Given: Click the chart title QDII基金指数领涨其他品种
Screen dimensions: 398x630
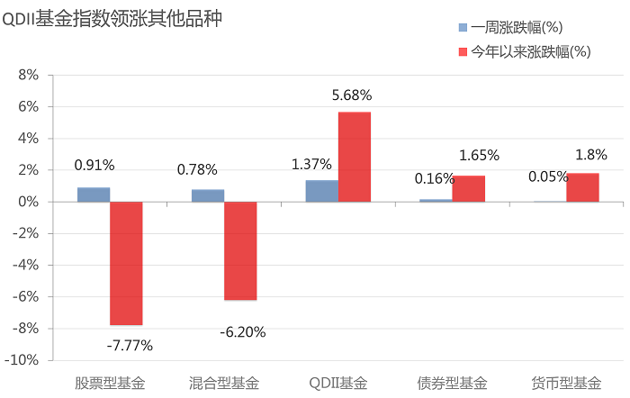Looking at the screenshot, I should click(112, 19).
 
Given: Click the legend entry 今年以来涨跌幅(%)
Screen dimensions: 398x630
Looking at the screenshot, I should click(531, 52).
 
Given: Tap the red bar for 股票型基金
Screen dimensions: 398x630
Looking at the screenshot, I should click(126, 263).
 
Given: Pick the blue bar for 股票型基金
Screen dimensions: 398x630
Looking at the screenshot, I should click(94, 194).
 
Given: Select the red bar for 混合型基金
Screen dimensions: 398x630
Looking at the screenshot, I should click(240, 250).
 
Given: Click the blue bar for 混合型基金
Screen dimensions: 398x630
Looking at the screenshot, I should click(208, 195).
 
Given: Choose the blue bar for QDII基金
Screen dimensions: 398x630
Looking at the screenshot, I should click(322, 191).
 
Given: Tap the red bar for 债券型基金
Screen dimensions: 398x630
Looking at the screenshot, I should click(469, 188).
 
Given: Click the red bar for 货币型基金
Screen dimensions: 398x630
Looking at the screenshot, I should click(583, 187).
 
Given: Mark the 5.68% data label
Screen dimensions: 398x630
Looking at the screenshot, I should click(352, 95).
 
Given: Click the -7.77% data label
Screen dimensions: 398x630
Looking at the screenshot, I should click(130, 345).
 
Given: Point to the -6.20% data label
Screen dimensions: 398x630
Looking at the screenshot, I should click(243, 332).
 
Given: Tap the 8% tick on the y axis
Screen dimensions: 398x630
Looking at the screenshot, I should click(27, 76).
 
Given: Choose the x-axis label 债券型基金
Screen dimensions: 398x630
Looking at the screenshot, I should click(453, 383).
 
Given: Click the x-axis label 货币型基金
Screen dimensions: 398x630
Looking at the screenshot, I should click(567, 383).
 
